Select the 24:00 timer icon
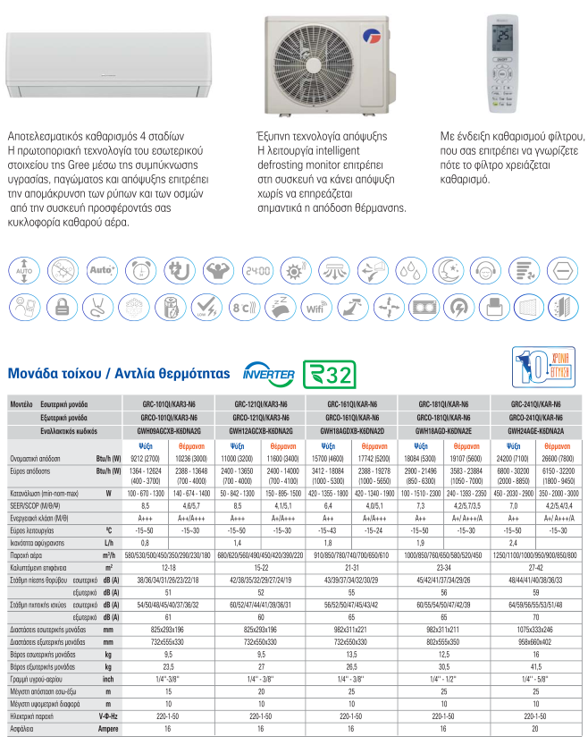click(257, 269)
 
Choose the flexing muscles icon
click(217, 269)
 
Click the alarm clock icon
click(139, 269)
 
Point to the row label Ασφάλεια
click(23, 729)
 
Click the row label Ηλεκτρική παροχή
click(32, 717)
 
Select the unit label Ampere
click(108, 729)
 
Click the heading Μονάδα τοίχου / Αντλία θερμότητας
click(118, 373)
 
